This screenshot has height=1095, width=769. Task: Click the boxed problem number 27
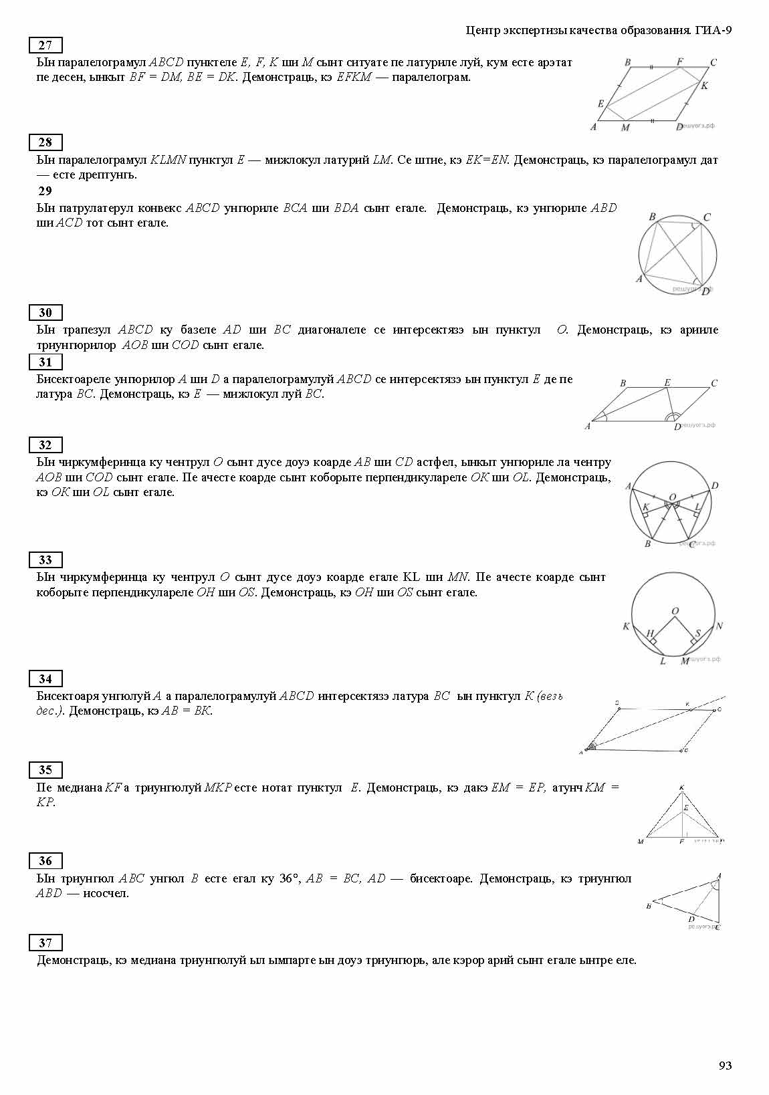45,45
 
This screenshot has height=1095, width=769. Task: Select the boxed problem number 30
45,312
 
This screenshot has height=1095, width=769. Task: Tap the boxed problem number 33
45,560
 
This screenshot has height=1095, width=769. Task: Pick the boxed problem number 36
45,860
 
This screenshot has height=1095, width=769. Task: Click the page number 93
725,1066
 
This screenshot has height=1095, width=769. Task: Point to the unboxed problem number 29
45,191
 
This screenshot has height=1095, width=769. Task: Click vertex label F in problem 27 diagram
680,62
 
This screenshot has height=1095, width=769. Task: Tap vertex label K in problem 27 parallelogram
704,86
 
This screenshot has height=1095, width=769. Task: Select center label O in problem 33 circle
675,611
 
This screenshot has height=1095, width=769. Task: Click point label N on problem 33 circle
719,626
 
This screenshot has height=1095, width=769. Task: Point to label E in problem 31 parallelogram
667,382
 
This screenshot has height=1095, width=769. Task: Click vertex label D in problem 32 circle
715,485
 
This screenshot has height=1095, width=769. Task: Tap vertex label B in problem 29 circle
652,217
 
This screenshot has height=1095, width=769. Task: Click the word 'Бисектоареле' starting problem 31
73,379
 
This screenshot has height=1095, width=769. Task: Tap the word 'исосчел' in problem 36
105,893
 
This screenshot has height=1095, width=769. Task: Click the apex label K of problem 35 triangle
681,787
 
